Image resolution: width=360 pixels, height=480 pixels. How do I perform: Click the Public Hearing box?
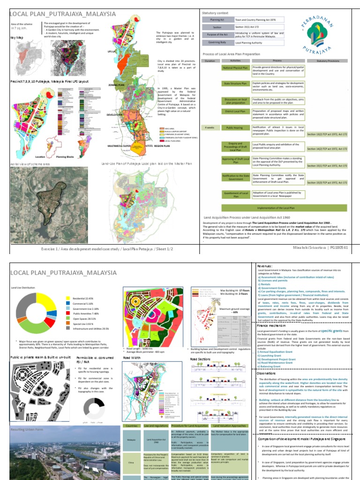[x=234, y=127]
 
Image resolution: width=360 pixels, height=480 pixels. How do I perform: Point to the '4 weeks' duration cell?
[x=210, y=127]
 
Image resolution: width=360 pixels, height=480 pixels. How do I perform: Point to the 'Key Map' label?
[x=17, y=36]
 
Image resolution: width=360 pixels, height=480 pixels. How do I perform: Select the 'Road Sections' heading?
[x=201, y=359]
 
